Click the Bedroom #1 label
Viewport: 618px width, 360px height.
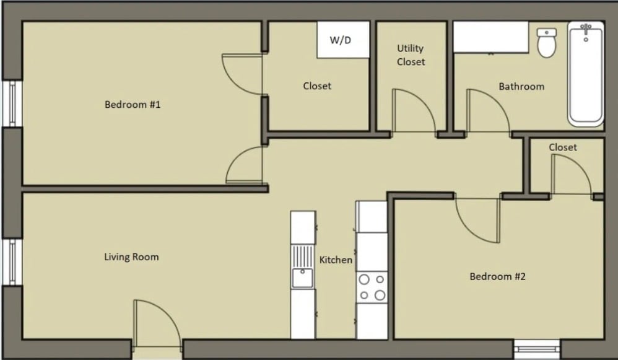coord(133,105)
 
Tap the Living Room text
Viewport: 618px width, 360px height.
coord(131,257)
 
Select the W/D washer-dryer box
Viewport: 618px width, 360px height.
coord(343,40)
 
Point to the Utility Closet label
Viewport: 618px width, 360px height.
coord(411,55)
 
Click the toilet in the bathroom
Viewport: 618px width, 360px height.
coord(547,43)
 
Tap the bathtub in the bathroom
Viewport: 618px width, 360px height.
coord(586,74)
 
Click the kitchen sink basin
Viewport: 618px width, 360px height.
coord(302,278)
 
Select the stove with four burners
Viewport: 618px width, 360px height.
coord(372,287)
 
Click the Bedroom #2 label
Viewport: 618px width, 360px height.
coord(497,276)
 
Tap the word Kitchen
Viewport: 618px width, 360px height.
coord(336,260)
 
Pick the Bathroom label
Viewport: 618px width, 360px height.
coord(521,86)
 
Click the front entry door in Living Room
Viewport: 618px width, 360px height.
coord(157,323)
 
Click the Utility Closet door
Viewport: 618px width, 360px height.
coord(414,112)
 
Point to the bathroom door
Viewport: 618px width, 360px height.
coord(488,112)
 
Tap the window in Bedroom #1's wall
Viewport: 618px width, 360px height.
coord(12,103)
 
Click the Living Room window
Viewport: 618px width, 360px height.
coord(12,262)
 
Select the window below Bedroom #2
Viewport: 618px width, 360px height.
coord(537,349)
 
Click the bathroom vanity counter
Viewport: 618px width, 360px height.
coord(490,37)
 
